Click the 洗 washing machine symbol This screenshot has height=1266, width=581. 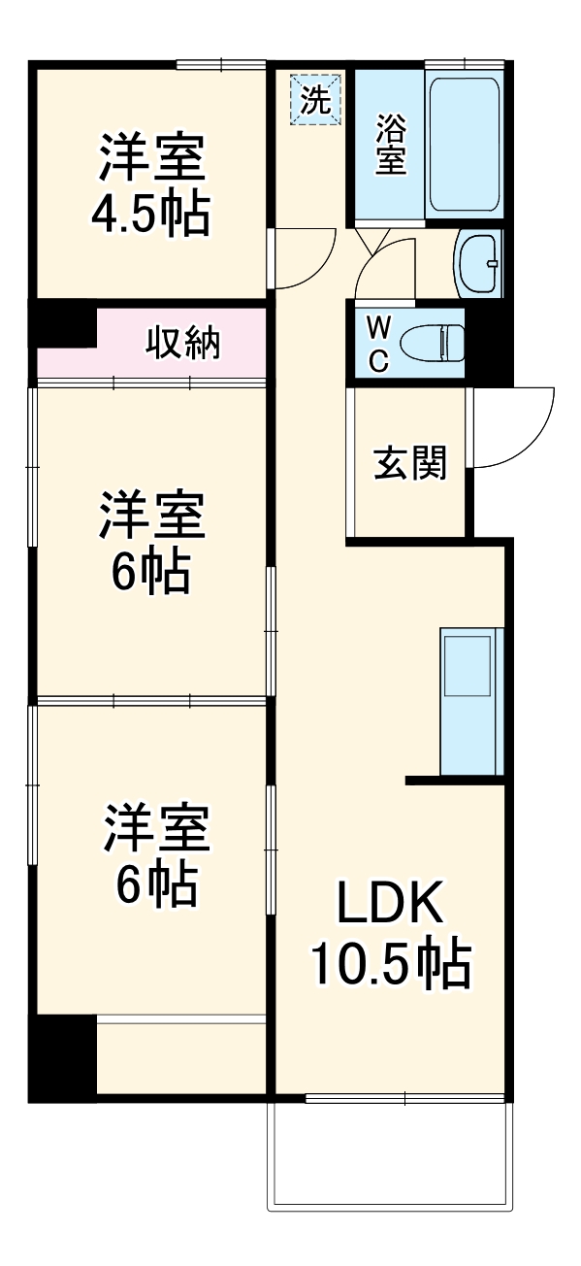[315, 100]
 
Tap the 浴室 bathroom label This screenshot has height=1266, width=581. [391, 145]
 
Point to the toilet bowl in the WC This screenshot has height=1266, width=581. [431, 343]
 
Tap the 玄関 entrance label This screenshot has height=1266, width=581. [410, 464]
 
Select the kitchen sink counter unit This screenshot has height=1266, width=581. [472, 701]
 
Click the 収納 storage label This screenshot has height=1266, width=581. [183, 343]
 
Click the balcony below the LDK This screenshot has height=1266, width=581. [389, 1155]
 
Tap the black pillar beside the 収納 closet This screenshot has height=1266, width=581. [64, 326]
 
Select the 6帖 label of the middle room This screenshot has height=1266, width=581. [150, 574]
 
